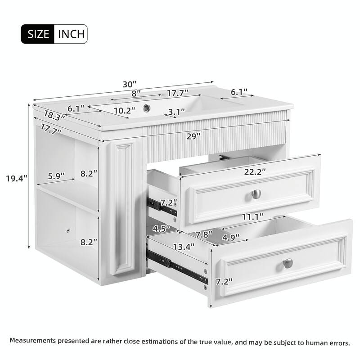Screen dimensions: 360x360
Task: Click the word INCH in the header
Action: [70, 34]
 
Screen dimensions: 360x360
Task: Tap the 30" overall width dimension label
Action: [130, 84]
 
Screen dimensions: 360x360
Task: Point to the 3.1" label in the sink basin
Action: [177, 112]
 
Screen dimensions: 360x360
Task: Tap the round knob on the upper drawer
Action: [256, 194]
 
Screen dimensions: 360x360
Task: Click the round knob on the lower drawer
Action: [288, 263]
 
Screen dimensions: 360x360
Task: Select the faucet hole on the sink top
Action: [147, 108]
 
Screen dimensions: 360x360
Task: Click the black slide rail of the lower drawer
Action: [176, 266]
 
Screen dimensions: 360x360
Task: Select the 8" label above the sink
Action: [136, 94]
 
